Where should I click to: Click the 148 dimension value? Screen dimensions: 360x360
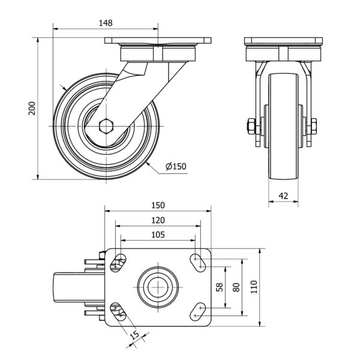[x=105, y=23]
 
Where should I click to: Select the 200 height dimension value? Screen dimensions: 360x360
[x=33, y=108]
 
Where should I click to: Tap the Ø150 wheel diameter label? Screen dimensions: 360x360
[x=175, y=166]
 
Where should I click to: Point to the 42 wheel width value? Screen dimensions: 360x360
[x=283, y=195]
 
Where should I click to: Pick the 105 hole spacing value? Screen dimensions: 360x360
[x=158, y=235]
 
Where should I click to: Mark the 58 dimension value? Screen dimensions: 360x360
[x=220, y=287]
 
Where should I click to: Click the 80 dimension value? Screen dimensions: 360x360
[x=236, y=287]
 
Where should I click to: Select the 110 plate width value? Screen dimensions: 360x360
[x=254, y=287]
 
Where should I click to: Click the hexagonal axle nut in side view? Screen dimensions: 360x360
[x=106, y=127]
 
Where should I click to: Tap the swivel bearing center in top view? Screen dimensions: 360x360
[x=157, y=286]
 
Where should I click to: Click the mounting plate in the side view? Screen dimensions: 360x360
[x=158, y=43]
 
